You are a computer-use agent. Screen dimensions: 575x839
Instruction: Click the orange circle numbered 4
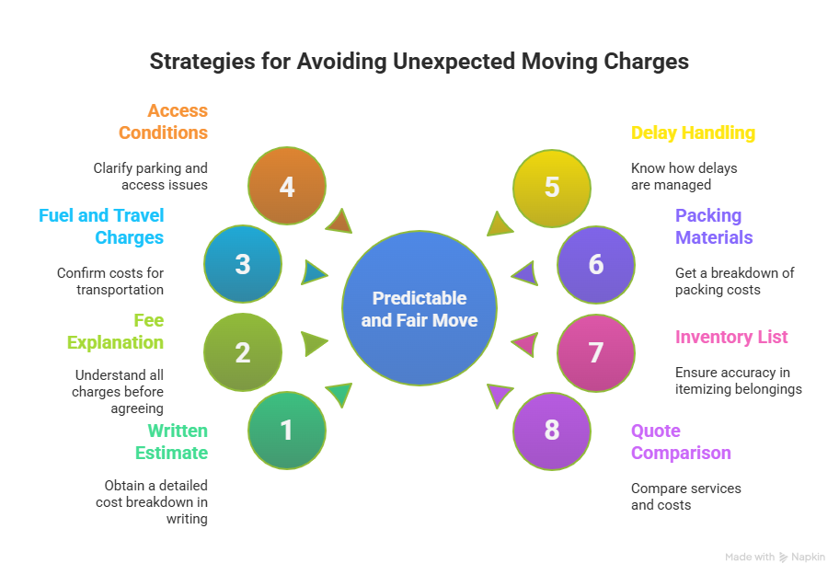tap(287, 187)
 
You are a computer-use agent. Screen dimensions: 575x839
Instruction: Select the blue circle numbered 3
tap(243, 265)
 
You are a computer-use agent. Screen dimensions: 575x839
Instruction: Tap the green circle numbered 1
tap(287, 431)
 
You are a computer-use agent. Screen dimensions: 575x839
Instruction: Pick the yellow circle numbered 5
tap(551, 187)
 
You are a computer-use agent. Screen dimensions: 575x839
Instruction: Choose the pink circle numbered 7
tap(596, 352)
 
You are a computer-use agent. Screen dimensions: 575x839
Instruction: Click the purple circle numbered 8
tap(551, 431)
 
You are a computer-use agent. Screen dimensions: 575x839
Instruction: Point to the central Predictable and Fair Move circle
tap(419, 308)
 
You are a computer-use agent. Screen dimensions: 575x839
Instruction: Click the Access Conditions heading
tap(164, 121)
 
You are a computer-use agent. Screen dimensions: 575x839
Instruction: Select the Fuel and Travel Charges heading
tap(101, 226)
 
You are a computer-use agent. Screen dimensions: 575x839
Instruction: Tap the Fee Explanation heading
tap(116, 331)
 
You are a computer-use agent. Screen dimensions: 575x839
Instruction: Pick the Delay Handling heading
tap(693, 132)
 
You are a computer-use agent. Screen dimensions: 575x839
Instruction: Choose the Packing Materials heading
tap(714, 226)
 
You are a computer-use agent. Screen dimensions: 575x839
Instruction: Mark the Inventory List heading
tap(731, 337)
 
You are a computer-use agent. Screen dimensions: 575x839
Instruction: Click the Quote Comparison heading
tap(681, 442)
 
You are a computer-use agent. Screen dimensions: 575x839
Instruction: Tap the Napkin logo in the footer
tap(784, 557)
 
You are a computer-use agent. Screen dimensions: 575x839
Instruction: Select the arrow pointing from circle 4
tap(339, 221)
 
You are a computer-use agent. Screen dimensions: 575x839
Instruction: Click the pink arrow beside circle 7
tap(523, 345)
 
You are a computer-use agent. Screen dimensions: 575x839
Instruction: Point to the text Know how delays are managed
tap(684, 177)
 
